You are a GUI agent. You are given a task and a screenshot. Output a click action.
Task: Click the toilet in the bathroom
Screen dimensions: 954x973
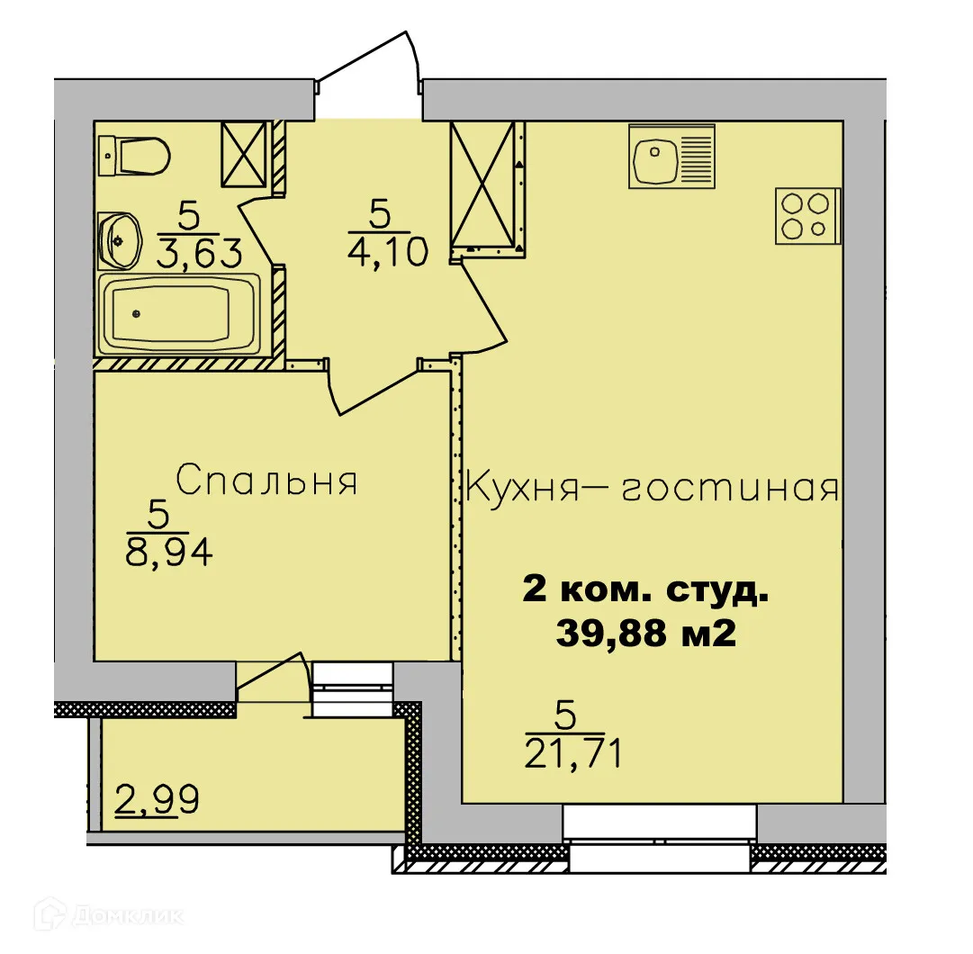pyautogui.click(x=135, y=157)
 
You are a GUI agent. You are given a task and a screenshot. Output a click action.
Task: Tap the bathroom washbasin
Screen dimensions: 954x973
pyautogui.click(x=118, y=240)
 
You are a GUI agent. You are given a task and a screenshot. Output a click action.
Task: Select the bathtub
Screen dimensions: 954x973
pyautogui.click(x=180, y=314)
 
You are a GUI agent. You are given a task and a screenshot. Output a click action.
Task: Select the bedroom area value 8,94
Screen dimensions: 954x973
pyautogui.click(x=168, y=551)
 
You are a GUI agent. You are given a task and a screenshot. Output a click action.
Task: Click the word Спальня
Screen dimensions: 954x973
pyautogui.click(x=266, y=481)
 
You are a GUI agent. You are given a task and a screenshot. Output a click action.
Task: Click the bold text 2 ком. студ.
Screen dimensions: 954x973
pyautogui.click(x=645, y=592)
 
